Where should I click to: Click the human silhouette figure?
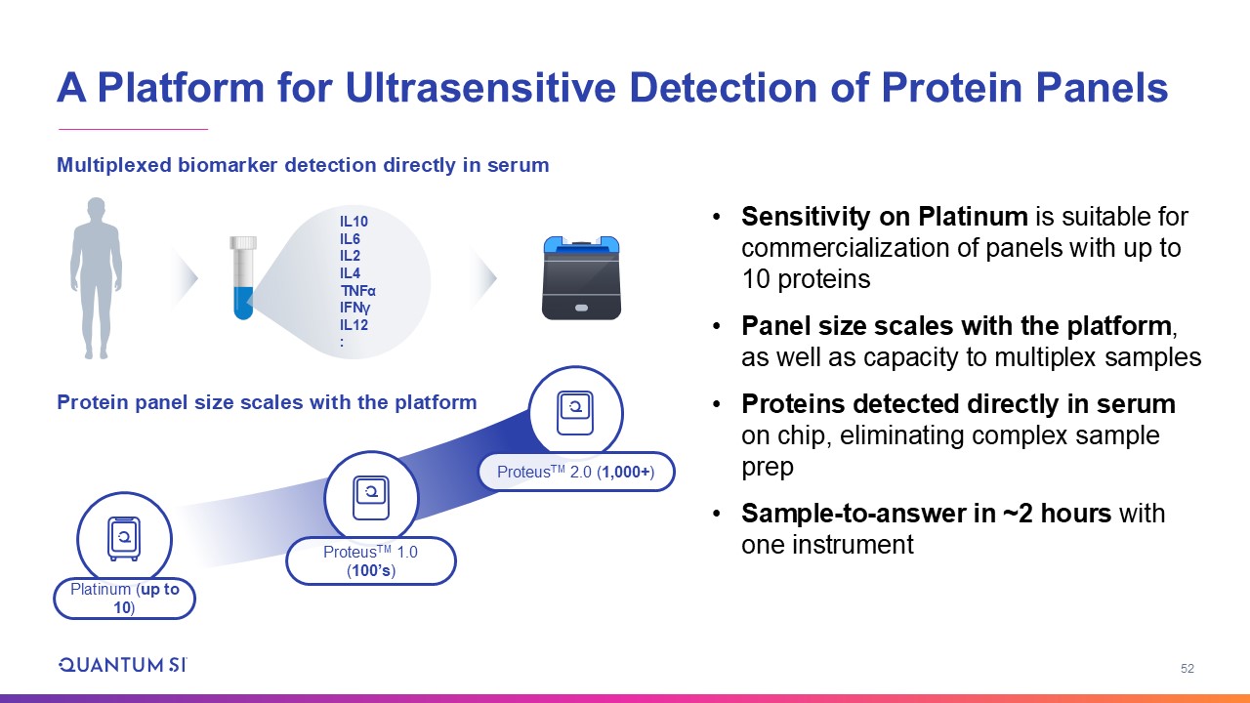[96, 278]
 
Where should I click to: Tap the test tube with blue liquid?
[243, 278]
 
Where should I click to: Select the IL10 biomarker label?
[354, 222]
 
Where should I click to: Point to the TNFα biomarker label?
[357, 291]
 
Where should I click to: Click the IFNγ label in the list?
[354, 308]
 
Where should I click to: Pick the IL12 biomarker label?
[354, 325]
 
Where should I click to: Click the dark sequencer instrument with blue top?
[581, 278]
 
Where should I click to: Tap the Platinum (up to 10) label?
[124, 599]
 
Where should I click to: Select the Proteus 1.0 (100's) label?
[371, 560]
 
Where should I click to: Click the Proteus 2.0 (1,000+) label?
[576, 472]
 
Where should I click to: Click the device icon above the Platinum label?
[124, 538]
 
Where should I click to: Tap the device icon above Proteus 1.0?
[371, 498]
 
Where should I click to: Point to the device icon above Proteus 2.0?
[575, 413]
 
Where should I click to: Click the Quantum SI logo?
[123, 665]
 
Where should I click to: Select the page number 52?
[1187, 669]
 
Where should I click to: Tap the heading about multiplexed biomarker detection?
[303, 165]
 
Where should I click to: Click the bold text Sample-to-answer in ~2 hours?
[926, 514]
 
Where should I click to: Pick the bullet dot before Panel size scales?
[717, 326]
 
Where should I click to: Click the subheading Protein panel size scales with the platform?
[267, 402]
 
